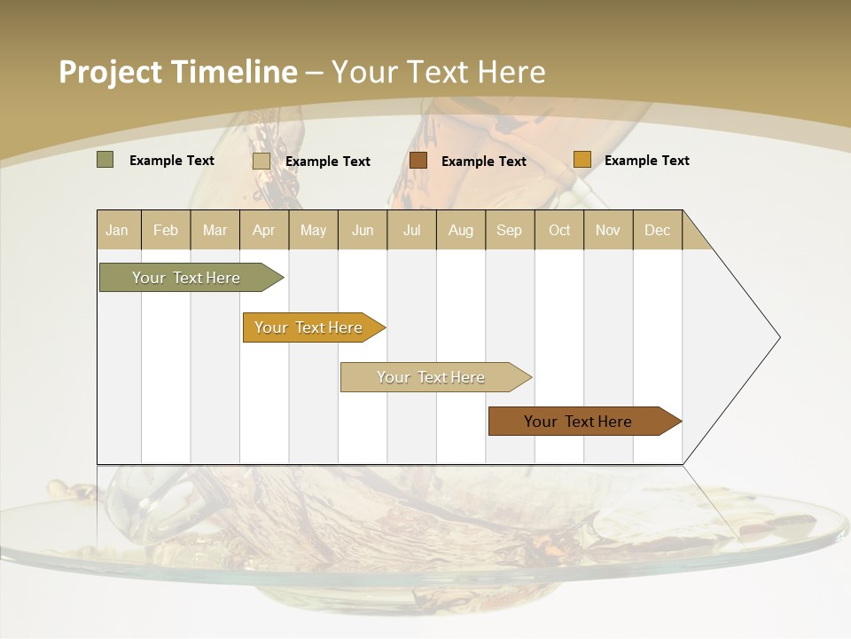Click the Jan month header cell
pyautogui.click(x=118, y=230)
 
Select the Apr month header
pyautogui.click(x=264, y=230)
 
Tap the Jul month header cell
pyautogui.click(x=411, y=230)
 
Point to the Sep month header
pyautogui.click(x=510, y=230)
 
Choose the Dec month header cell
pyautogui.click(x=657, y=230)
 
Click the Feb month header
pyautogui.click(x=166, y=230)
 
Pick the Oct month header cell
pyautogui.click(x=559, y=230)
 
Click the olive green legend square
pyautogui.click(x=105, y=160)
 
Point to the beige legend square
pyautogui.click(x=261, y=161)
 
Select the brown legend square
pyautogui.click(x=418, y=160)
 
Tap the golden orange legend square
pyautogui.click(x=582, y=160)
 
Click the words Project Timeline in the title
pyautogui.click(x=177, y=72)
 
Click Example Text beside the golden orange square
pyautogui.click(x=646, y=161)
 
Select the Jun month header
pyautogui.click(x=363, y=230)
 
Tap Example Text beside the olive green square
pyautogui.click(x=171, y=161)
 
